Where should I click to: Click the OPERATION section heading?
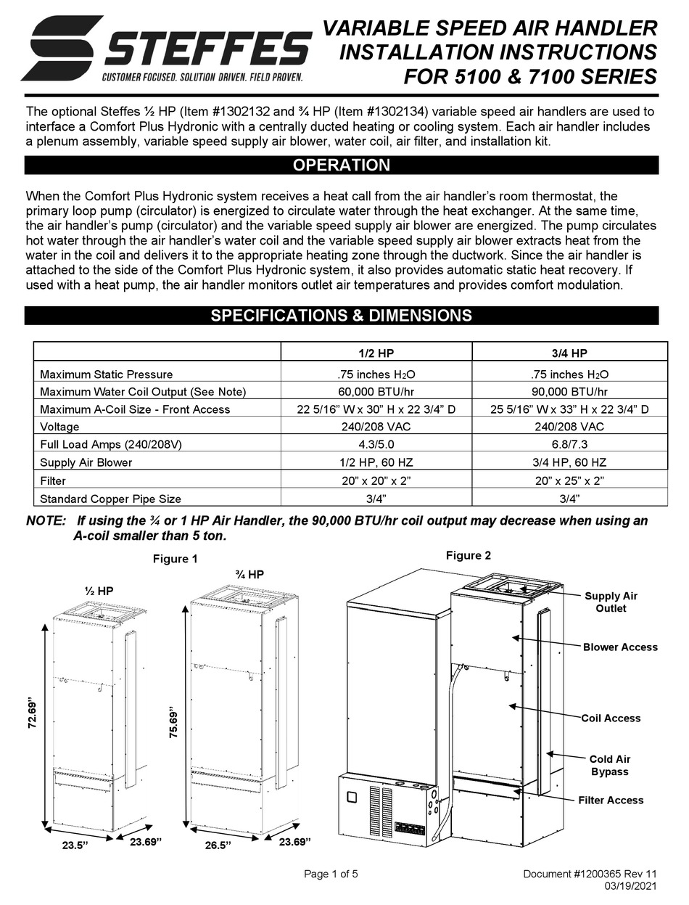pyautogui.click(x=341, y=165)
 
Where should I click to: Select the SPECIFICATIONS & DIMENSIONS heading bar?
pyautogui.click(x=341, y=316)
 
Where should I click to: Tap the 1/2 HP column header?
pyautogui.click(x=376, y=353)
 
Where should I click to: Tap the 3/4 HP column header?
pyautogui.click(x=569, y=353)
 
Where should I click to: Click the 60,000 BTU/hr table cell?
pyautogui.click(x=376, y=392)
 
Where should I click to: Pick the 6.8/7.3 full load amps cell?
pyautogui.click(x=569, y=444)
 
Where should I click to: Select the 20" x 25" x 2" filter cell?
pyautogui.click(x=569, y=480)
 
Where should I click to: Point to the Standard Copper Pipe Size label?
pyautogui.click(x=110, y=499)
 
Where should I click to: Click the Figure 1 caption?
pyautogui.click(x=175, y=559)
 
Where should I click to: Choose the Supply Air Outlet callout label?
pyautogui.click(x=611, y=602)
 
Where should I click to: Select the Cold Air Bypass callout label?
pyautogui.click(x=609, y=766)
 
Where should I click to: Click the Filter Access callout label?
pyautogui.click(x=611, y=800)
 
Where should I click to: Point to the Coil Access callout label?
pyautogui.click(x=611, y=718)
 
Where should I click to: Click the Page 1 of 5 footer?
pyautogui.click(x=331, y=874)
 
